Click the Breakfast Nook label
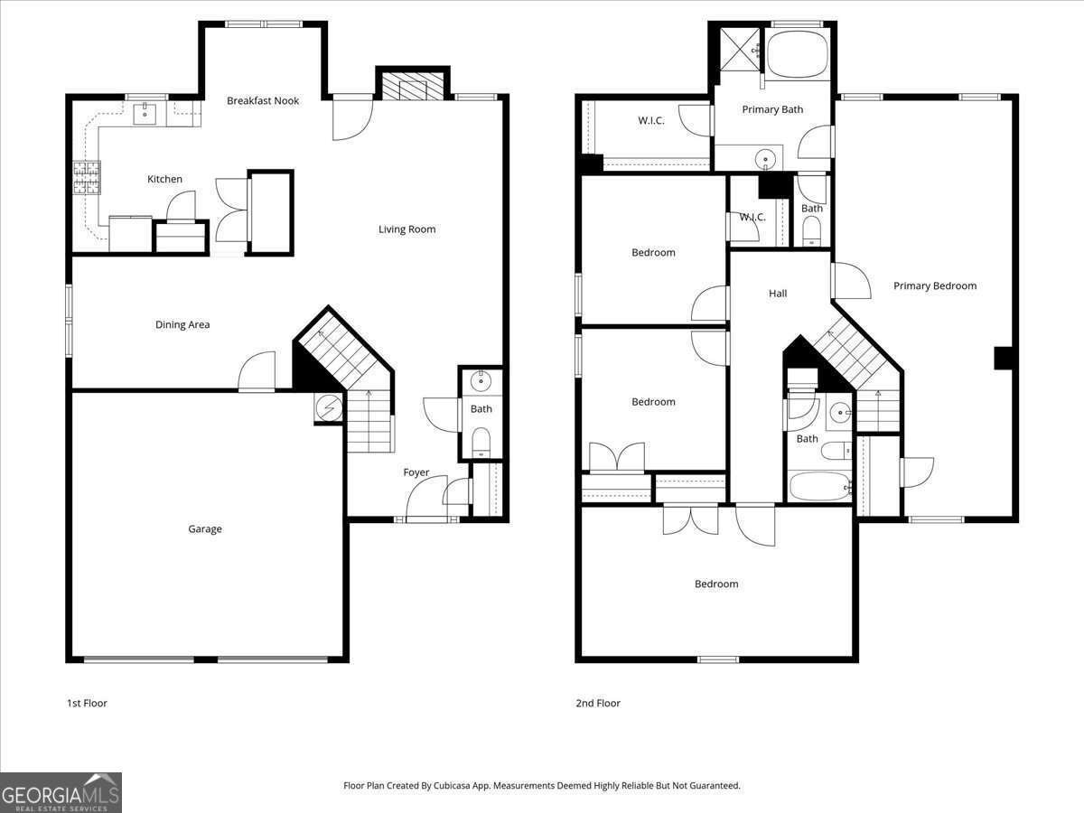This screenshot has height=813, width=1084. coord(263,100)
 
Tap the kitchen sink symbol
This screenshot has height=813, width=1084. coord(145,113)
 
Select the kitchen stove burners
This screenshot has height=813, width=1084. coord(87,178)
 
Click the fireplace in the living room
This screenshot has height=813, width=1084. coord(412,88)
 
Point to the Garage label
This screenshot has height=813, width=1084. coord(205,529)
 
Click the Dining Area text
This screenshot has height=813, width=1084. coord(182,324)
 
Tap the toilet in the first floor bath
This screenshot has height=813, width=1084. coord(481,442)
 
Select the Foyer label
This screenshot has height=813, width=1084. coord(416,472)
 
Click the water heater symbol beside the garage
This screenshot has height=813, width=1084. coord(329,408)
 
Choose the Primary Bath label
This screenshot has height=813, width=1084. coord(772,109)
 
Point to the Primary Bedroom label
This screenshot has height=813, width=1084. coord(935,285)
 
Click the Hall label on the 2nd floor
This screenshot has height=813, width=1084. coord(778,293)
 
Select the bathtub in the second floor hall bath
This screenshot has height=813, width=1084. coord(818,486)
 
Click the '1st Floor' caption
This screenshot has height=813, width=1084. coord(87,703)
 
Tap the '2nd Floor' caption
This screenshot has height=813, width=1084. coord(598,703)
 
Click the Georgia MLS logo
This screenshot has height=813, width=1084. coord(61,792)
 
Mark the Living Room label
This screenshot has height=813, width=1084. coord(406,229)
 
